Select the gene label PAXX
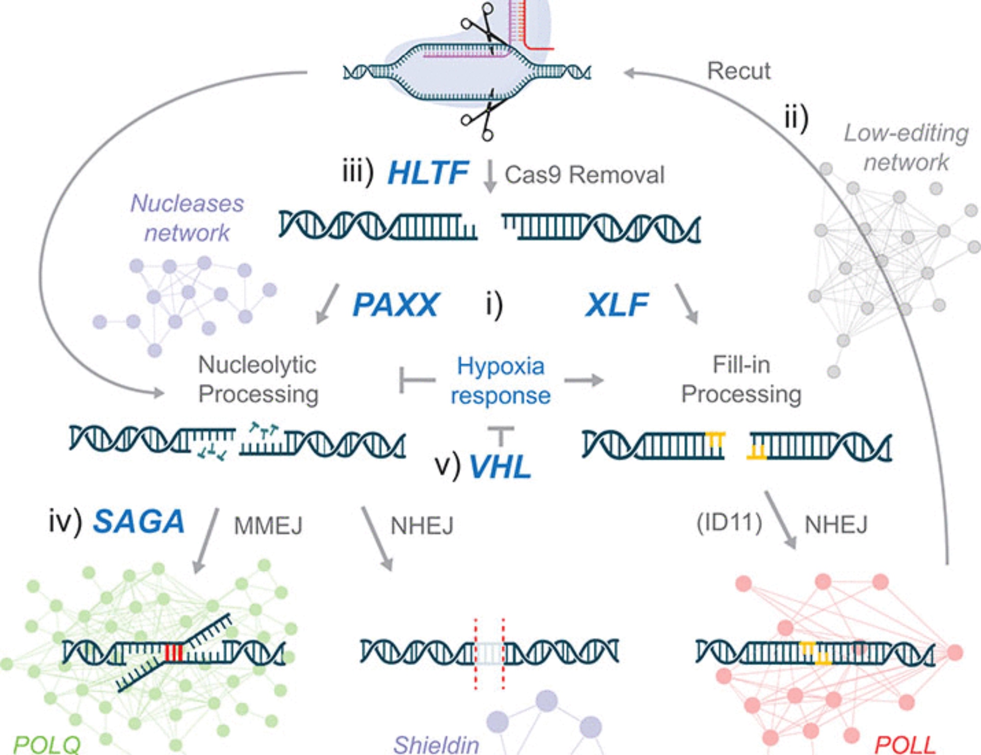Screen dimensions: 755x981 [x=395, y=305]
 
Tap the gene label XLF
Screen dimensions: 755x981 [x=617, y=305]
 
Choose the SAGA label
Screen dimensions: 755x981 [x=139, y=521]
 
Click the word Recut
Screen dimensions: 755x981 [x=739, y=71]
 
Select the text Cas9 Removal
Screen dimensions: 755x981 [x=584, y=175]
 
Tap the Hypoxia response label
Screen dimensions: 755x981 [x=500, y=380]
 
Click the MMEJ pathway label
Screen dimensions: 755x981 [x=268, y=526]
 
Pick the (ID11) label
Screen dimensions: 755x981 [x=729, y=523]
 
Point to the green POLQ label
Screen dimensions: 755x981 [x=47, y=744]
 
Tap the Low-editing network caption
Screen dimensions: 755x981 [x=906, y=147]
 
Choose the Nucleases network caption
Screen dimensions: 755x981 [x=187, y=218]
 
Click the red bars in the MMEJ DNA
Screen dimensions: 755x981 [x=174, y=653]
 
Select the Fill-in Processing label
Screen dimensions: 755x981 [x=741, y=379]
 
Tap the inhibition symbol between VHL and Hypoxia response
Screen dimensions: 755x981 [x=501, y=435]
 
